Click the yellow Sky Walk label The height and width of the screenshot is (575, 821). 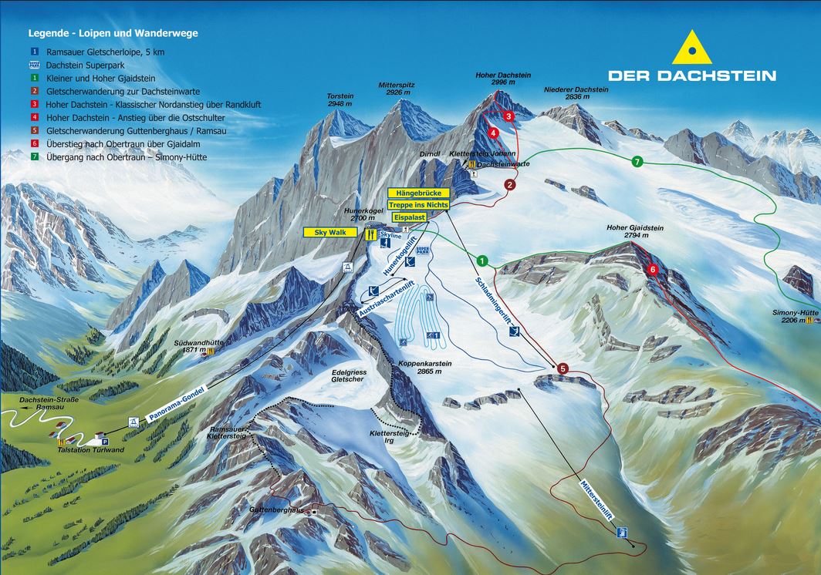tap(330, 231)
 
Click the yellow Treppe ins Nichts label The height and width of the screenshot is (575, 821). tap(418, 206)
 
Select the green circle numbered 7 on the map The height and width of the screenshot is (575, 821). tap(637, 161)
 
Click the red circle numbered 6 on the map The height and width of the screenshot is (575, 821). tap(653, 269)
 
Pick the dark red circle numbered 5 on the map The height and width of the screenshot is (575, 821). tap(563, 369)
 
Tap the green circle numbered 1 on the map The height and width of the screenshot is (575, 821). tap(482, 261)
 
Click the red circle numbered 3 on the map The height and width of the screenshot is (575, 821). tap(509, 116)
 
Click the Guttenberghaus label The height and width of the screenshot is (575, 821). tap(276, 510)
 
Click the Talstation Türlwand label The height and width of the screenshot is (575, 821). tap(91, 449)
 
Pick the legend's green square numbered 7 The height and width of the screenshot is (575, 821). tap(35, 157)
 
